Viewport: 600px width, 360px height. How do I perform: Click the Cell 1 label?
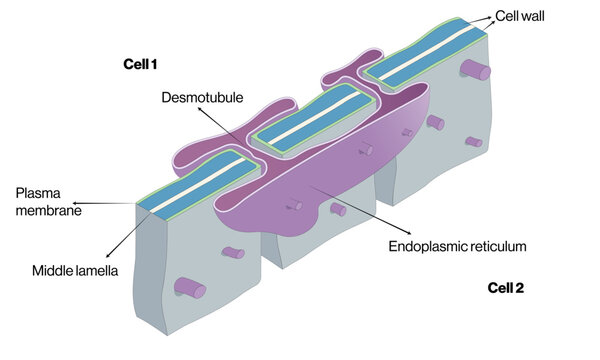(x=139, y=65)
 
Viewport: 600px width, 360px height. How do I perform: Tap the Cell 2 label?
(x=505, y=288)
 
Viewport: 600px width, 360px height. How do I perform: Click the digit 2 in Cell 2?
(x=519, y=288)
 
